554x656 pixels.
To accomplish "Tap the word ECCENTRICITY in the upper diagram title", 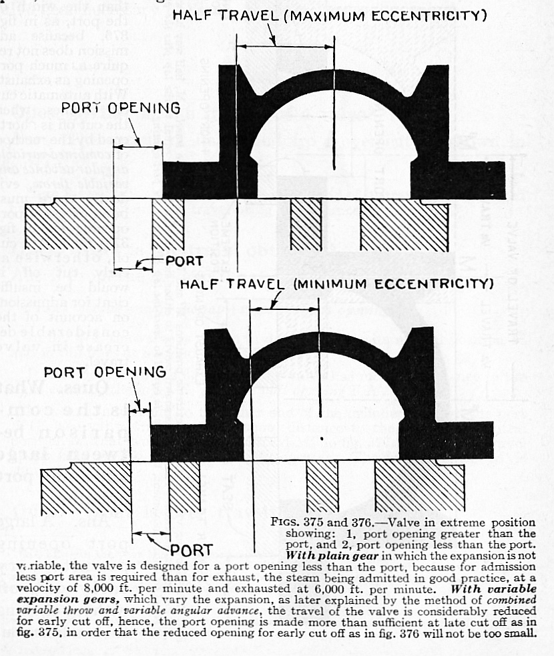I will (x=434, y=14).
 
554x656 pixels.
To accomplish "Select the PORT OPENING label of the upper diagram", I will (x=120, y=108).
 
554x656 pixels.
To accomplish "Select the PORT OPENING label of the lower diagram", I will (x=105, y=372).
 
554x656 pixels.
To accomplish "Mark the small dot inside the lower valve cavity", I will (x=322, y=439).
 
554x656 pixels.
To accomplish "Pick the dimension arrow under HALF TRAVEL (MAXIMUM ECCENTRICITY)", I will (x=284, y=45).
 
